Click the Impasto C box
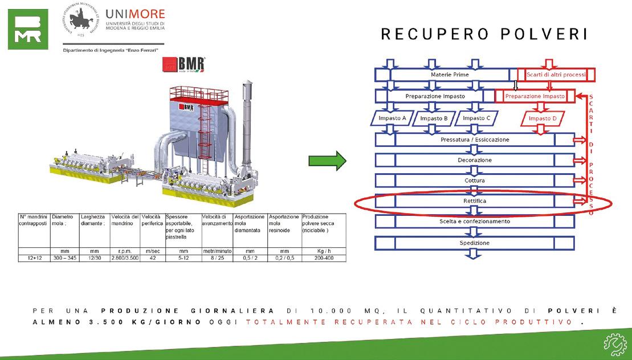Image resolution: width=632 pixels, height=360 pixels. point(477,118)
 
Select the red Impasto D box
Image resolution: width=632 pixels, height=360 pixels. point(543,118)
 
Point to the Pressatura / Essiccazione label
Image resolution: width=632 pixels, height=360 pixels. point(475,140)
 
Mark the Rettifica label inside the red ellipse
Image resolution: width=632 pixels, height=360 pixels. point(475,201)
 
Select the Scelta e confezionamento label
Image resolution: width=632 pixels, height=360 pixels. point(475,221)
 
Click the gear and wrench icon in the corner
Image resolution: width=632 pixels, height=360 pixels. point(614,343)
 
